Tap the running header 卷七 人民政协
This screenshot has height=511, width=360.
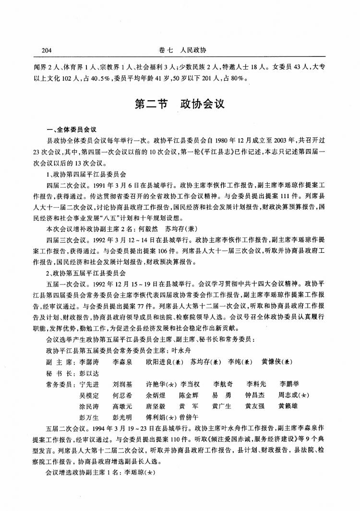(x=180, y=49)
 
